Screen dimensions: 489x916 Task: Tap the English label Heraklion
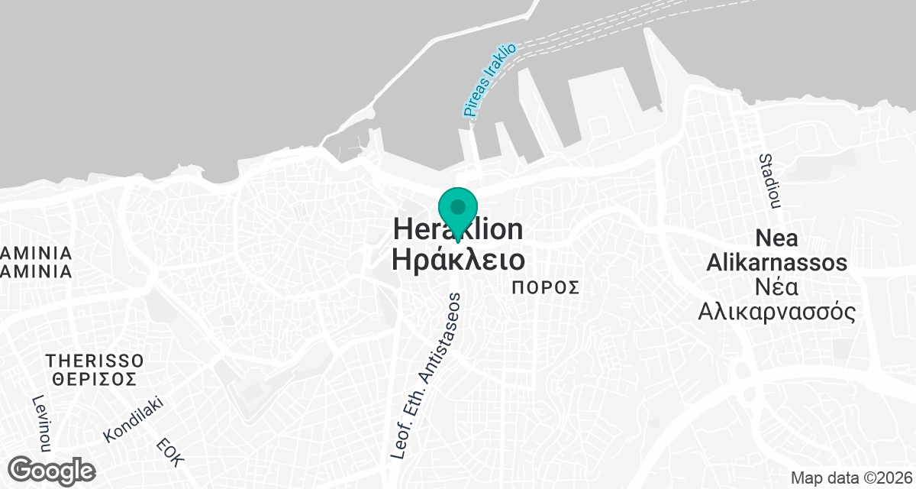458,229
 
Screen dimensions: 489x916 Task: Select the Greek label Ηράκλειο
458,259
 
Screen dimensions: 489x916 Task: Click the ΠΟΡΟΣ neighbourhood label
546,288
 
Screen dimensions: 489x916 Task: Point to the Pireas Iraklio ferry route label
489,80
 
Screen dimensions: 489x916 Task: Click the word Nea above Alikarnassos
776,238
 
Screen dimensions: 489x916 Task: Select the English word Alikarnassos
776,264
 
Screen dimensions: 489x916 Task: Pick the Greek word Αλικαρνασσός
776,313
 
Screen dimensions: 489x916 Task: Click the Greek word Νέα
776,288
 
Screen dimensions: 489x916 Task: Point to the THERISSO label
95,361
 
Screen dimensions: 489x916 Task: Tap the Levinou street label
40,425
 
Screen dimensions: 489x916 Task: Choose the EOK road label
170,452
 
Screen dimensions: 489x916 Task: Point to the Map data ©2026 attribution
850,478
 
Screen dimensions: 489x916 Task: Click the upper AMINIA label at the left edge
37,253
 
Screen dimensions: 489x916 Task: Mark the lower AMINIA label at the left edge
37,271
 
